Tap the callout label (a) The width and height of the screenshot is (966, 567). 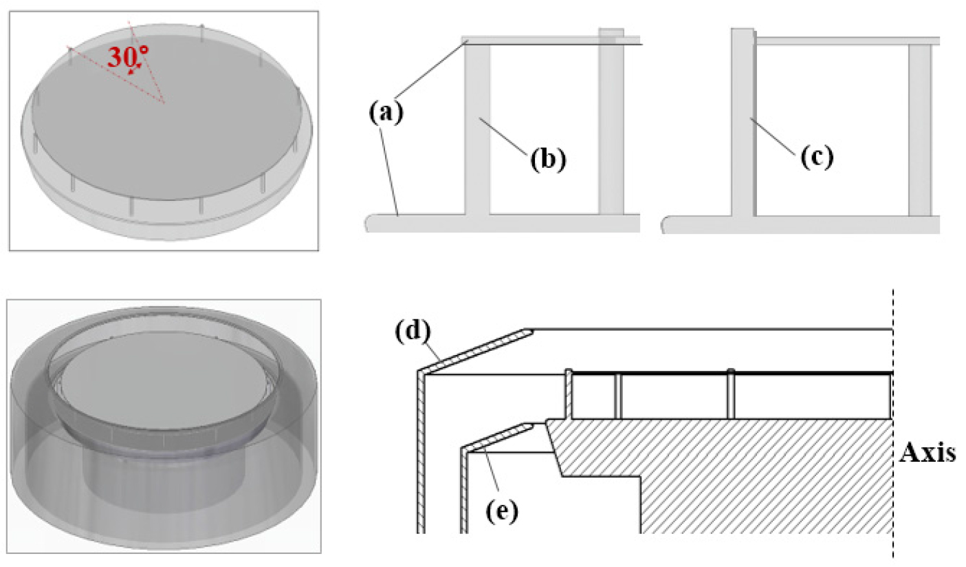tap(386, 113)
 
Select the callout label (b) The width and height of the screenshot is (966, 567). tap(548, 160)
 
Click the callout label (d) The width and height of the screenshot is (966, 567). tap(413, 331)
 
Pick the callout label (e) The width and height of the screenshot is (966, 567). tap(502, 512)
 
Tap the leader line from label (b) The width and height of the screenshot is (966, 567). tap(503, 136)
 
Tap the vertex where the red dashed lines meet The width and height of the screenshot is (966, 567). tap(164, 103)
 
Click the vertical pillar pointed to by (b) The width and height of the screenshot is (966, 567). tap(477, 129)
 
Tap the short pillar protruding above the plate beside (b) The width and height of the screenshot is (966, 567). tap(611, 121)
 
